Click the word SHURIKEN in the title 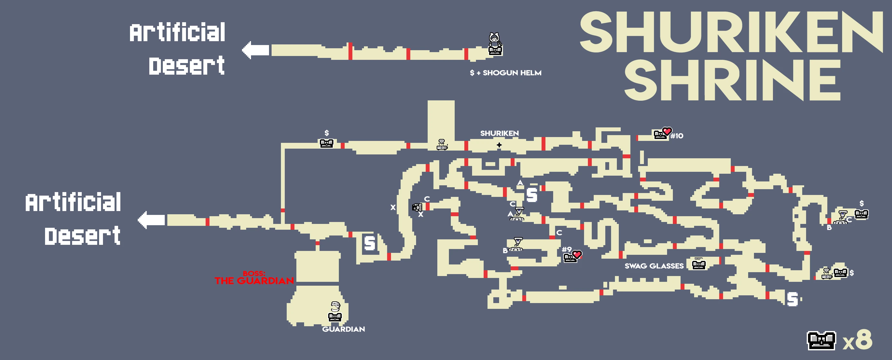(x=731, y=32)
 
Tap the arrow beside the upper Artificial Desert (x=256, y=50)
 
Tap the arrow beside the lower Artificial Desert (x=151, y=220)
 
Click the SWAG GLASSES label (x=654, y=266)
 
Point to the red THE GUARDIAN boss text (x=254, y=281)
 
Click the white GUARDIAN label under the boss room (x=343, y=329)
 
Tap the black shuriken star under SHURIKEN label (x=499, y=145)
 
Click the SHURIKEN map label (x=499, y=133)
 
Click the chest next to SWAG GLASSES (x=698, y=265)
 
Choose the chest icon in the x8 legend (x=821, y=341)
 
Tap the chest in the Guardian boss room (x=335, y=316)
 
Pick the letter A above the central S (x=520, y=183)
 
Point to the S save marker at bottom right (x=792, y=300)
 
